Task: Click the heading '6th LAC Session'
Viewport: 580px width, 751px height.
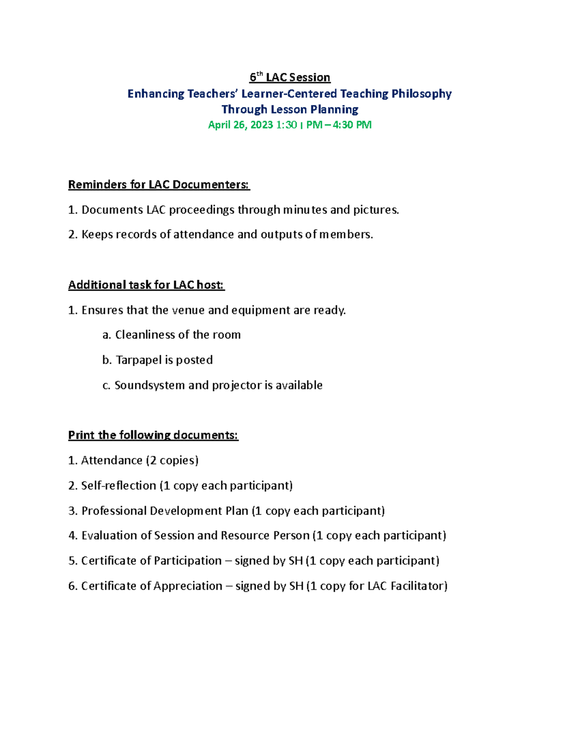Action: click(x=290, y=77)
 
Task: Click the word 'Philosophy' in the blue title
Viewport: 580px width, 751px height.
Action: click(x=421, y=94)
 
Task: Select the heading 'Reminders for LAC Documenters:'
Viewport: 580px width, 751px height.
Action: click(x=159, y=185)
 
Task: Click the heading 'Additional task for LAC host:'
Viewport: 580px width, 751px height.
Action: click(x=146, y=285)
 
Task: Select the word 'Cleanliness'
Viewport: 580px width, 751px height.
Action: click(x=145, y=335)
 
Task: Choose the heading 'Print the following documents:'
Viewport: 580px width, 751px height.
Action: click(x=153, y=435)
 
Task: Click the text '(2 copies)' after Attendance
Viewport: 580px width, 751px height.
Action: click(x=172, y=460)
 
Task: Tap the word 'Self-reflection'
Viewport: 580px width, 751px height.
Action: click(x=118, y=486)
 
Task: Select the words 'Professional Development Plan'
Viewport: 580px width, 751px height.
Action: click(x=165, y=511)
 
